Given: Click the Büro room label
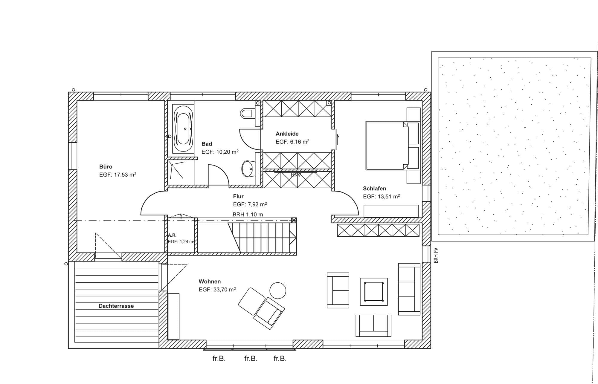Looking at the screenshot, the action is click(106, 167).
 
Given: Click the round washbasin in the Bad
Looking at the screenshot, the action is click(247, 169).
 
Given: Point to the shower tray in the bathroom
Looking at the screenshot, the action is click(181, 172).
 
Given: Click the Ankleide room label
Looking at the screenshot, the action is click(287, 134).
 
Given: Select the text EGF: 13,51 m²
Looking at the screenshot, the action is click(381, 196).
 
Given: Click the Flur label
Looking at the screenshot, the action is click(238, 196).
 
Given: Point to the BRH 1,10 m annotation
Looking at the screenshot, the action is click(248, 215).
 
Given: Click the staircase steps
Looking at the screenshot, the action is click(263, 237).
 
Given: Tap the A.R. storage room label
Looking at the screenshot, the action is click(172, 235).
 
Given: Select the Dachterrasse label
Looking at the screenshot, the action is click(116, 306).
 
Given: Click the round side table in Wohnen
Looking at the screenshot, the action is click(278, 290).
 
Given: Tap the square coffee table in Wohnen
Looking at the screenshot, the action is click(374, 292).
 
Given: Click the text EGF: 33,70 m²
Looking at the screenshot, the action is click(217, 289).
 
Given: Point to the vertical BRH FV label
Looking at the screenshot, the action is click(436, 255).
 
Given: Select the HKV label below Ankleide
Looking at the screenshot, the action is click(296, 175).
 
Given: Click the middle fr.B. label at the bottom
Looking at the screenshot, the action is click(251, 359).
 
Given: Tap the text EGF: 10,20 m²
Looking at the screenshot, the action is click(220, 152).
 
